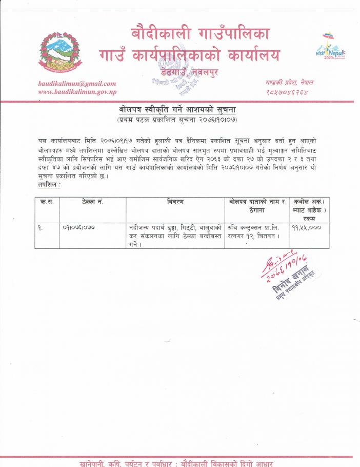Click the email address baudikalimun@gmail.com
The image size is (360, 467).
(77, 83)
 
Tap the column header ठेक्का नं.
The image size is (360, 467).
(92, 202)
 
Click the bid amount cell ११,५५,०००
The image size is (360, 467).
(307, 226)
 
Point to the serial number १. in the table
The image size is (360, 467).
(40, 226)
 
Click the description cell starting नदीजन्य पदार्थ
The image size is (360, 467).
(174, 235)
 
